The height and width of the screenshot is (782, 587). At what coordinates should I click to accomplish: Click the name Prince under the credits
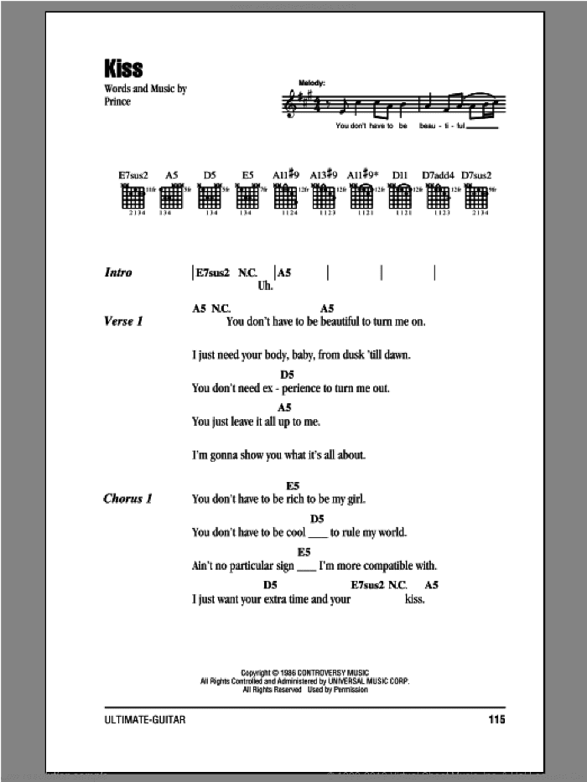pyautogui.click(x=117, y=102)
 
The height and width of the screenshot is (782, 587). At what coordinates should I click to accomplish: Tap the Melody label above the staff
pyautogui.click(x=310, y=82)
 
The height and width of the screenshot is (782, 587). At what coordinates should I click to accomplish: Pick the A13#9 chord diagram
pyautogui.click(x=324, y=196)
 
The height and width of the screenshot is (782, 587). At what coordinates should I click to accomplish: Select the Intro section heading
pyautogui.click(x=118, y=272)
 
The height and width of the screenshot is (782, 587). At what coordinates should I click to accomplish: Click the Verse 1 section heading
pyautogui.click(x=123, y=321)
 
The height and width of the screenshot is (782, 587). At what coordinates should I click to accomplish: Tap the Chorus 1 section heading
pyautogui.click(x=127, y=499)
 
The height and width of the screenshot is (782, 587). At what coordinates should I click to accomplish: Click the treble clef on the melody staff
pyautogui.click(x=292, y=103)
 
